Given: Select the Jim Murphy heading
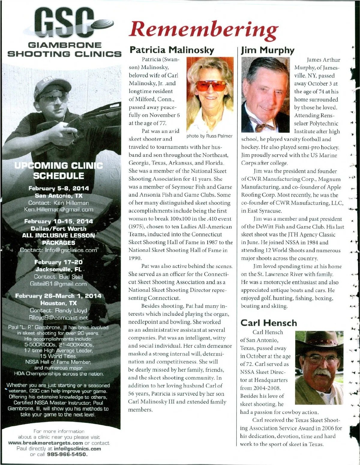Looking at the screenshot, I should (x=268, y=50).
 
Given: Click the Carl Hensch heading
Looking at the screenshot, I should (x=268, y=323).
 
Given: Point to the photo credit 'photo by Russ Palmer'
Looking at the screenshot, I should (x=209, y=136).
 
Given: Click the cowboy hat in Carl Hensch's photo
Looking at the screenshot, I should (x=319, y=342).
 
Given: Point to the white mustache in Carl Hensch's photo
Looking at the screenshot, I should (x=322, y=373).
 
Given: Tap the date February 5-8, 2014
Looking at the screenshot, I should (x=58, y=189).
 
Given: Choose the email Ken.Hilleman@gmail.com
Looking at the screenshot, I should (x=58, y=210).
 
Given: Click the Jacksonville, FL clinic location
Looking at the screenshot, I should (x=58, y=269).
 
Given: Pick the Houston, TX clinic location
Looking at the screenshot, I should (x=58, y=303).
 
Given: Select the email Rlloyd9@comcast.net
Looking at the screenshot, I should (x=58, y=318).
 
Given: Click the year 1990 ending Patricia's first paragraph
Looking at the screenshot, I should (x=135, y=258).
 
